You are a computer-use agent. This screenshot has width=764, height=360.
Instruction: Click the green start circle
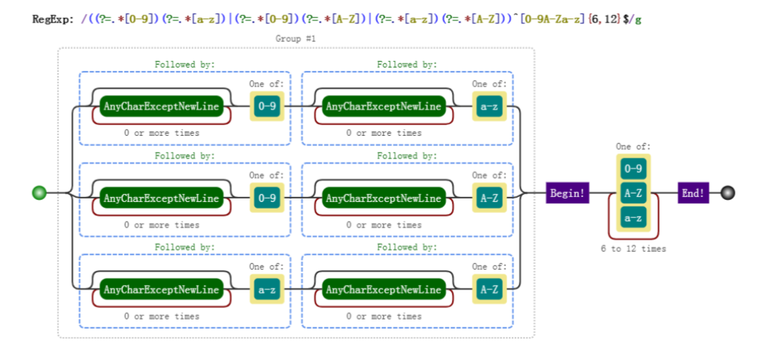39,193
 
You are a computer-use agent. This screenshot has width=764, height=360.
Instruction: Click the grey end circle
728,193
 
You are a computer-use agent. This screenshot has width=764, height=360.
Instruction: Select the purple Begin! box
568,193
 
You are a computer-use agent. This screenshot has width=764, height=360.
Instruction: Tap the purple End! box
693,193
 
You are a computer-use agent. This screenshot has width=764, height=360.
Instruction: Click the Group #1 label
296,38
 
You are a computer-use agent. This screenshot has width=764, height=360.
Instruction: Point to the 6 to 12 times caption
633,248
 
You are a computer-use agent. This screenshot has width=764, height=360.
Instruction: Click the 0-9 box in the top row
267,106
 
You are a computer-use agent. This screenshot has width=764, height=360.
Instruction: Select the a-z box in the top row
489,106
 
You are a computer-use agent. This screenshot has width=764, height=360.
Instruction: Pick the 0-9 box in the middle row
267,198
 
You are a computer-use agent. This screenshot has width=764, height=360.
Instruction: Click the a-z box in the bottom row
267,290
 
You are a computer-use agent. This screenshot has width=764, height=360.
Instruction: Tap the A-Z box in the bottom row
489,290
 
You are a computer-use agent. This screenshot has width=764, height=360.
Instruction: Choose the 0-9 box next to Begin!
633,169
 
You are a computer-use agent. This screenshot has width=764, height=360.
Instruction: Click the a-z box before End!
633,217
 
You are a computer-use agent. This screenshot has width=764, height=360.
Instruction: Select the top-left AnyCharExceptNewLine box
161,106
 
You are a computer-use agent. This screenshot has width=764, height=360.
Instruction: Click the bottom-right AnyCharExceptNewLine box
384,290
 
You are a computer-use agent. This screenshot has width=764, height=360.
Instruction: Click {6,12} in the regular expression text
604,19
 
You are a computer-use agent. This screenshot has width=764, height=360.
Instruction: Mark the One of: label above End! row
633,146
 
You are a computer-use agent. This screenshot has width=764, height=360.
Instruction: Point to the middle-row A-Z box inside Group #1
489,198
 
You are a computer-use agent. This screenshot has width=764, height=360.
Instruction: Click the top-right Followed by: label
407,64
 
